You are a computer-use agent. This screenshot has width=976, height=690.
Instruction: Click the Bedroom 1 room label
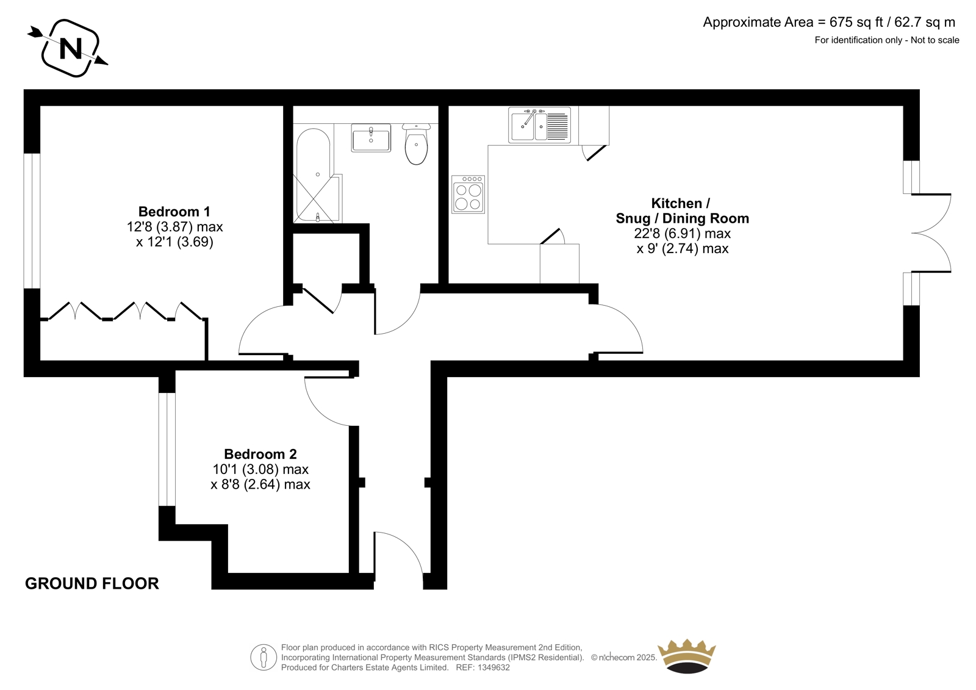pyautogui.click(x=174, y=212)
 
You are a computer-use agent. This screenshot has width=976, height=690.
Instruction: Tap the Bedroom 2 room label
pyautogui.click(x=260, y=454)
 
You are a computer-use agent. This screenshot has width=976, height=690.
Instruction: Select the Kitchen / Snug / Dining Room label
pyautogui.click(x=682, y=210)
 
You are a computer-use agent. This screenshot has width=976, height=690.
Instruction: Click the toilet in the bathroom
pyautogui.click(x=416, y=144)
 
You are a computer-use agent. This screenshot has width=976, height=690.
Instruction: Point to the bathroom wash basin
pyautogui.click(x=371, y=138)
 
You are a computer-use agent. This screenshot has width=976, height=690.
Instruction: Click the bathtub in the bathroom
pyautogui.click(x=314, y=175)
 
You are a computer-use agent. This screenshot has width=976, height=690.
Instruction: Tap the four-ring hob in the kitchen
pyautogui.click(x=468, y=194)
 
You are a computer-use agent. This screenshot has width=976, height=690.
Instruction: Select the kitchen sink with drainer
pyautogui.click(x=539, y=125)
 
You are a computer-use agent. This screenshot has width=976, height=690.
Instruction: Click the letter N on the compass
pyautogui.click(x=71, y=48)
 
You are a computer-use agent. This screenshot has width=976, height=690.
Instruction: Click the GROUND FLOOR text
pyautogui.click(x=92, y=583)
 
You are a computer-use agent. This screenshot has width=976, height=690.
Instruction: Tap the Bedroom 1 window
pyautogui.click(x=32, y=221)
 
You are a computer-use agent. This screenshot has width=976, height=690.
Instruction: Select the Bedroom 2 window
pyautogui.click(x=167, y=450)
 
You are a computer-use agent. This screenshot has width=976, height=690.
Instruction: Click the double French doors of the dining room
pyautogui.click(x=931, y=233)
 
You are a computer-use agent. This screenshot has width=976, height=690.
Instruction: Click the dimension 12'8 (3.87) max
pyautogui.click(x=174, y=227)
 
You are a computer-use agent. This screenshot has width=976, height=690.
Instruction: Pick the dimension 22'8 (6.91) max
pyautogui.click(x=683, y=234)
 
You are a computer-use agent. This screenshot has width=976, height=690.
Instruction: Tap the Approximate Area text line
pyautogui.click(x=829, y=22)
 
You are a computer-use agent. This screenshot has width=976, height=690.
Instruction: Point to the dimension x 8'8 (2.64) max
pyautogui.click(x=260, y=484)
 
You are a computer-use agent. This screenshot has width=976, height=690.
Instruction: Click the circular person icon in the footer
pyautogui.click(x=264, y=657)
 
